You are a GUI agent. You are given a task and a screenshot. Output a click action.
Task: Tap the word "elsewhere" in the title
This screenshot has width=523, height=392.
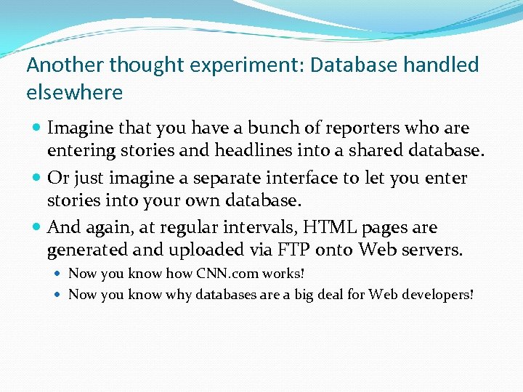75,93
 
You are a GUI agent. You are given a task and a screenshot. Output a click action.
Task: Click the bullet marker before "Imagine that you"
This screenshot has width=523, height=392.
36,128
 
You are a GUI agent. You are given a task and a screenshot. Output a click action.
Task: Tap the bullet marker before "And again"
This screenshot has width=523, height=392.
36,228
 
